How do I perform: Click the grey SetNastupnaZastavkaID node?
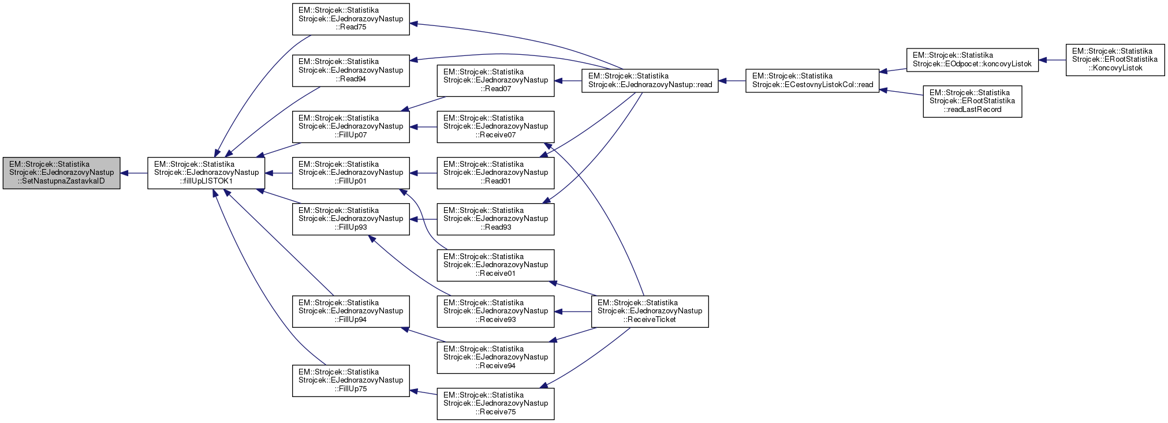[61, 173]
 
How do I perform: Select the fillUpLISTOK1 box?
[206, 173]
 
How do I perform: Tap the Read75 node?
[350, 19]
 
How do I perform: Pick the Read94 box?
[350, 70]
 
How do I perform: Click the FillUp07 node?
[350, 126]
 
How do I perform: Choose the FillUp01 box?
[350, 173]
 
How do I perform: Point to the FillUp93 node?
[350, 219]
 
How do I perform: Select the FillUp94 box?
[350, 311]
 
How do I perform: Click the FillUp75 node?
[350, 380]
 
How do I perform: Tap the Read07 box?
[495, 80]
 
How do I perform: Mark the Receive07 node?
[495, 126]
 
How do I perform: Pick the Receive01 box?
[495, 265]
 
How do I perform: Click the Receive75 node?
[495, 403]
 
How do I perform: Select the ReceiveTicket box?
[650, 311]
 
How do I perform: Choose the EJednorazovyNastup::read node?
[650, 80]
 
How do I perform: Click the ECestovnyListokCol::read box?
[812, 80]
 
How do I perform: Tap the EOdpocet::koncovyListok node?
[972, 59]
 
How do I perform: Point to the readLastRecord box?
[972, 101]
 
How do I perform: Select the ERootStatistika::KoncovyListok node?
[1115, 59]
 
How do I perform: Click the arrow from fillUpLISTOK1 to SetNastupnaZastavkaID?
[134, 173]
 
